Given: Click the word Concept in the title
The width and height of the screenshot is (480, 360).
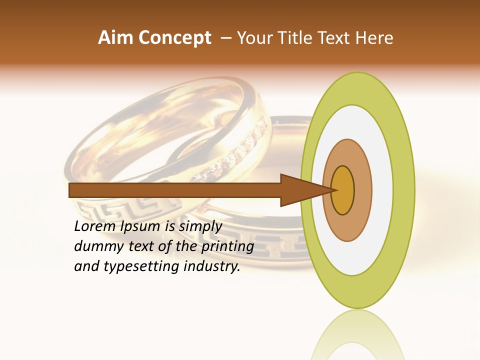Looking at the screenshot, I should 174,38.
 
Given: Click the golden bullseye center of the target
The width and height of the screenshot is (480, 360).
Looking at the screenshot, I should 343,190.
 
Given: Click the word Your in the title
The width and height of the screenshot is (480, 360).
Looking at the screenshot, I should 252,38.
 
